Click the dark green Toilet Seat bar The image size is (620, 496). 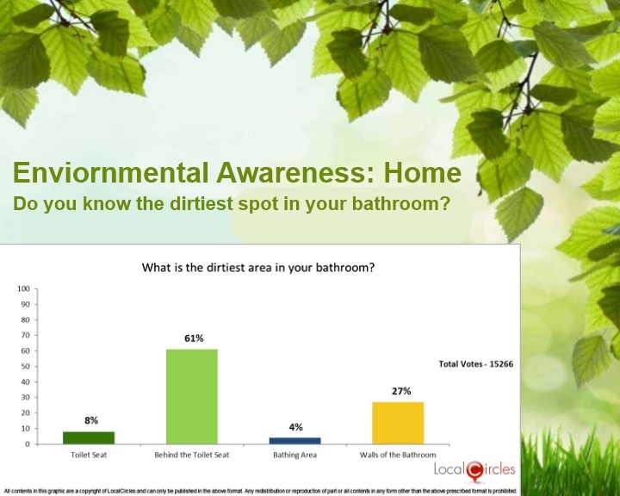pyautogui.click(x=89, y=437)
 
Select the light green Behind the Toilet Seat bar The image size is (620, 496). pyautogui.click(x=192, y=397)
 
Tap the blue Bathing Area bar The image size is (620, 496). pyautogui.click(x=295, y=441)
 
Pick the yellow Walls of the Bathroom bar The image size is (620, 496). pyautogui.click(x=398, y=423)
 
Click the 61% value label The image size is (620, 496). pyautogui.click(x=194, y=338)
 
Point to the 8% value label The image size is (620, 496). pyautogui.click(x=91, y=420)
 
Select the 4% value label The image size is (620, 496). pyautogui.click(x=295, y=427)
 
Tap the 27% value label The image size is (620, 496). pyautogui.click(x=401, y=391)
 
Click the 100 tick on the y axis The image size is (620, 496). pyautogui.click(x=24, y=288)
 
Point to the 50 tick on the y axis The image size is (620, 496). pyautogui.click(x=25, y=366)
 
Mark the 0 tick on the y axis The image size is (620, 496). pyautogui.click(x=28, y=444)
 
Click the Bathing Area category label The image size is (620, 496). pyautogui.click(x=295, y=455)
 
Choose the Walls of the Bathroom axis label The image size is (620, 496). pyautogui.click(x=398, y=455)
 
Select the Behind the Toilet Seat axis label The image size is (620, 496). pyautogui.click(x=192, y=455)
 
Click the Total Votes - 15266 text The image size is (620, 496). pyautogui.click(x=476, y=364)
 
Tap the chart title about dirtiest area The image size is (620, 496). pyautogui.click(x=258, y=268)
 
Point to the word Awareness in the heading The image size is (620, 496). pyautogui.click(x=294, y=172)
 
